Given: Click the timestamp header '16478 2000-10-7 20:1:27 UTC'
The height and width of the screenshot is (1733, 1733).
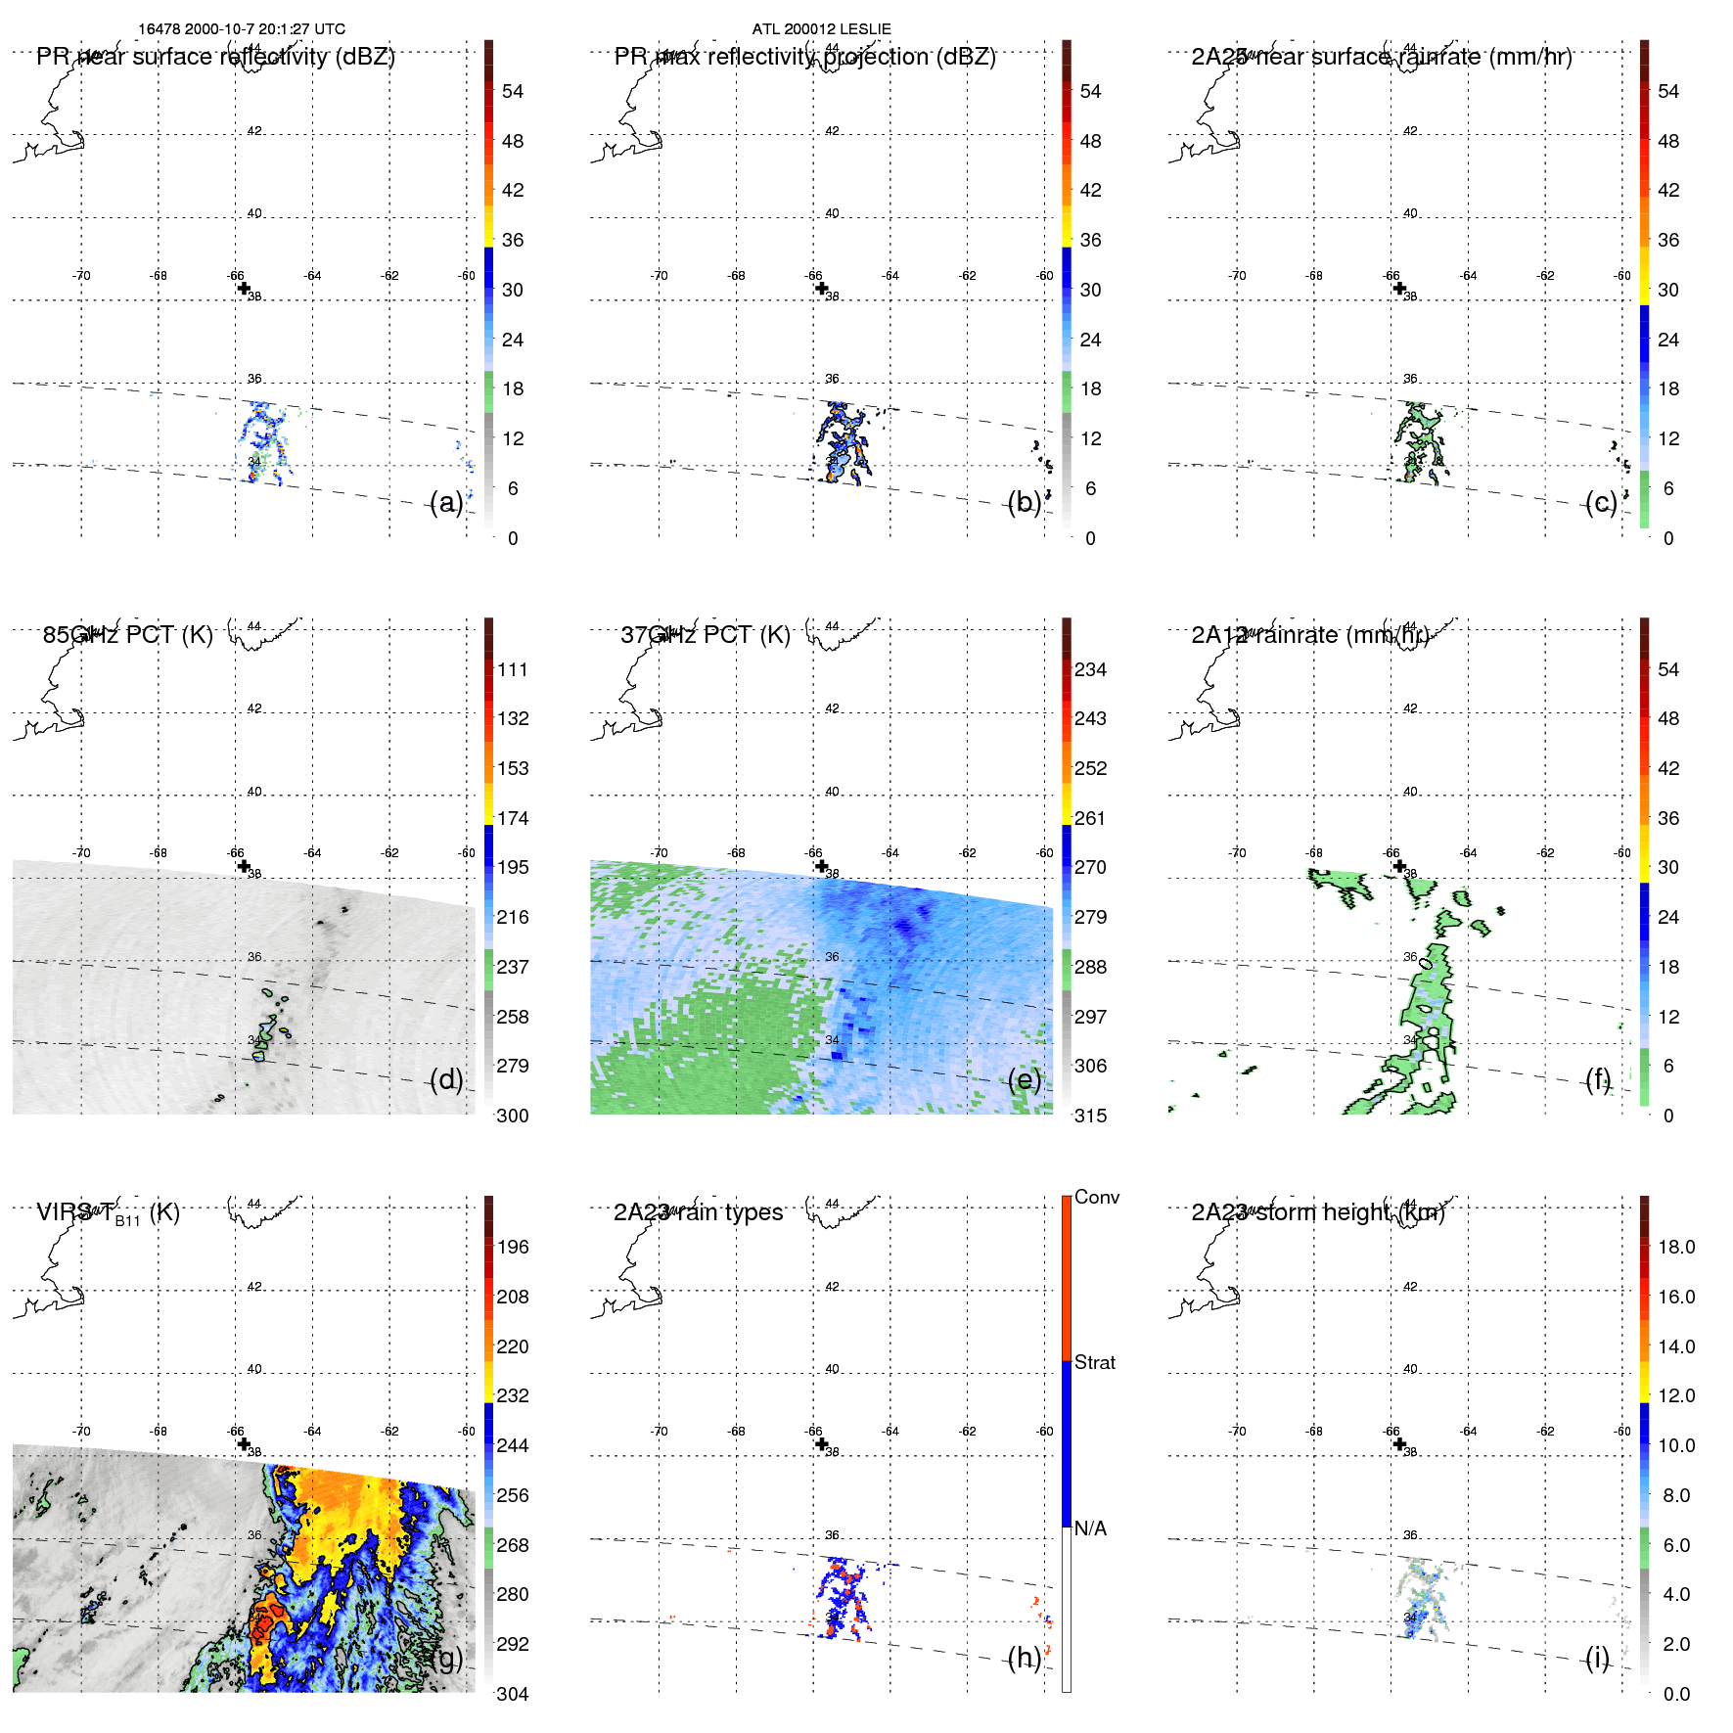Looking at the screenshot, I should pyautogui.click(x=241, y=29).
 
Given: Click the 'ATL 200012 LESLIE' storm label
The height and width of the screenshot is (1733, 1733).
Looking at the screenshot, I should pyautogui.click(x=821, y=29).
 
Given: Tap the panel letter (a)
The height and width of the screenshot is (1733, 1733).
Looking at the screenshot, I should pyautogui.click(x=446, y=502).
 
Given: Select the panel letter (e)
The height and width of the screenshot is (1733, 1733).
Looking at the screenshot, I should pyautogui.click(x=1025, y=1079).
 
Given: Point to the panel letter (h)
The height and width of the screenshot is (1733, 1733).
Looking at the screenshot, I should pyautogui.click(x=1025, y=1658).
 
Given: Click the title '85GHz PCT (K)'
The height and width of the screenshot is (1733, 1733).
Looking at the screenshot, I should pyautogui.click(x=127, y=635).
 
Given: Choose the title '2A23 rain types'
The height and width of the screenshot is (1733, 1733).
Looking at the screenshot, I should pyautogui.click(x=698, y=1212).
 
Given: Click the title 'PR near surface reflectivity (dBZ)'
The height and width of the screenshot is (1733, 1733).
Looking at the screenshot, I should pyautogui.click(x=215, y=57).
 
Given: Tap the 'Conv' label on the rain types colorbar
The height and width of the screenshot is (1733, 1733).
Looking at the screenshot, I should pyautogui.click(x=1096, y=1197).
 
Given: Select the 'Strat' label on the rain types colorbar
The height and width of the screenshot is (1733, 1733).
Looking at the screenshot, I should pyautogui.click(x=1095, y=1362).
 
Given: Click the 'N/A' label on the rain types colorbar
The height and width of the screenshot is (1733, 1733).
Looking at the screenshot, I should pyautogui.click(x=1090, y=1528).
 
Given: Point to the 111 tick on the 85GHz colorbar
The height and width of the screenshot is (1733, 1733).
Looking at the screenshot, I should pyautogui.click(x=513, y=669).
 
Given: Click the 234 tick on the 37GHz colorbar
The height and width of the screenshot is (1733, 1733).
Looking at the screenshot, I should pyautogui.click(x=1090, y=669).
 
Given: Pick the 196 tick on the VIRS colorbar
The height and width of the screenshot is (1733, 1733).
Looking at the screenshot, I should pyautogui.click(x=513, y=1247).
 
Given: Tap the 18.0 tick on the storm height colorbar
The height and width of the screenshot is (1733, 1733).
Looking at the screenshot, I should pyautogui.click(x=1675, y=1247).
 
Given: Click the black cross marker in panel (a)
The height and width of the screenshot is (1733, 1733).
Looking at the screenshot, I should pyautogui.click(x=244, y=288).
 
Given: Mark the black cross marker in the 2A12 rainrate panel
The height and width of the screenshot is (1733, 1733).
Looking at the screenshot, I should pyautogui.click(x=1399, y=866).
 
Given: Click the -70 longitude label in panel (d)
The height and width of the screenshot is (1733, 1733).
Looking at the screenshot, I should pyautogui.click(x=81, y=853).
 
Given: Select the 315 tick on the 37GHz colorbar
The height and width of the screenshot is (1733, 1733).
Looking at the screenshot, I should pyautogui.click(x=1090, y=1116).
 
